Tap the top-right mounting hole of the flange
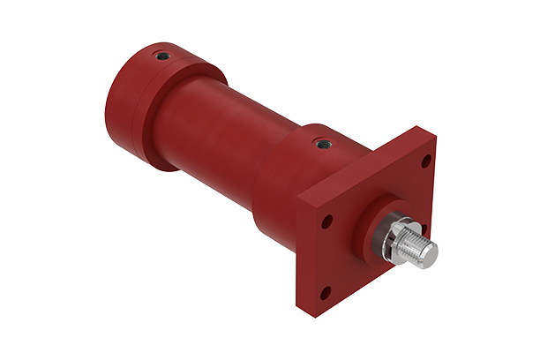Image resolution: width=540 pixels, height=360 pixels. tap(427, 161)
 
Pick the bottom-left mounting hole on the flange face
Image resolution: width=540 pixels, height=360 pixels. tap(325, 290)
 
